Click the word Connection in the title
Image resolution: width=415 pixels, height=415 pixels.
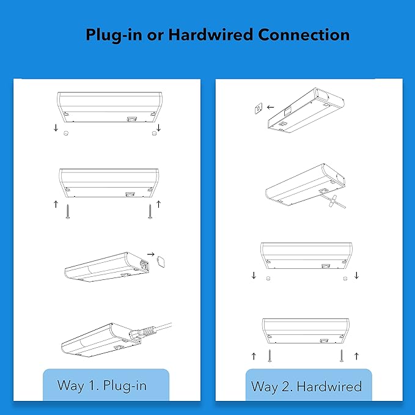(304, 35)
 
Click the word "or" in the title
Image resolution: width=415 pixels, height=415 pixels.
(150, 35)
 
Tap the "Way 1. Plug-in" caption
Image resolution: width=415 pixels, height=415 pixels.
(105, 386)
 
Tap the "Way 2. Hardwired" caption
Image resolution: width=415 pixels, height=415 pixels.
(307, 386)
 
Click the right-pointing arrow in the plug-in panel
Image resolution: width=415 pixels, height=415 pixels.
(150, 252)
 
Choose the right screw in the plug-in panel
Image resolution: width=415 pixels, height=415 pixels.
(149, 211)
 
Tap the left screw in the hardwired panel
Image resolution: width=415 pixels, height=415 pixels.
(269, 356)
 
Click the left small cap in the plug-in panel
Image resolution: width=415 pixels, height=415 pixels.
(67, 132)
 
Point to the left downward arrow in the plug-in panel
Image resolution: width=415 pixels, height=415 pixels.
(56, 128)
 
